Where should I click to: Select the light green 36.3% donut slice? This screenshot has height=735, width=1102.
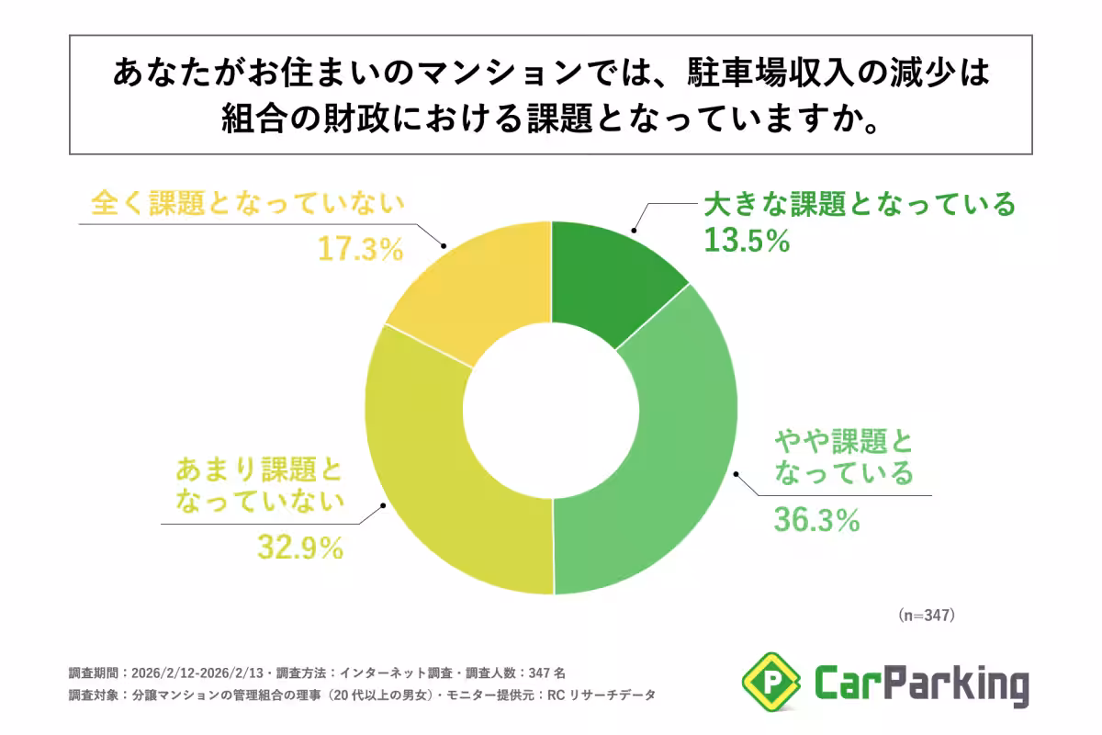670,459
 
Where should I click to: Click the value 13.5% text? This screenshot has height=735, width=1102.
747,241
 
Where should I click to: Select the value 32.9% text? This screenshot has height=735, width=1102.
300,548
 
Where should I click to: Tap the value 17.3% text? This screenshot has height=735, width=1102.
361,249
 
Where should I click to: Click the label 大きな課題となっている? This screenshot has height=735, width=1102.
860,203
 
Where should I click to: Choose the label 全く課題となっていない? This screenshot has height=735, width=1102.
248,204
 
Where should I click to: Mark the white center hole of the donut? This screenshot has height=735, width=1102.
551,409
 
